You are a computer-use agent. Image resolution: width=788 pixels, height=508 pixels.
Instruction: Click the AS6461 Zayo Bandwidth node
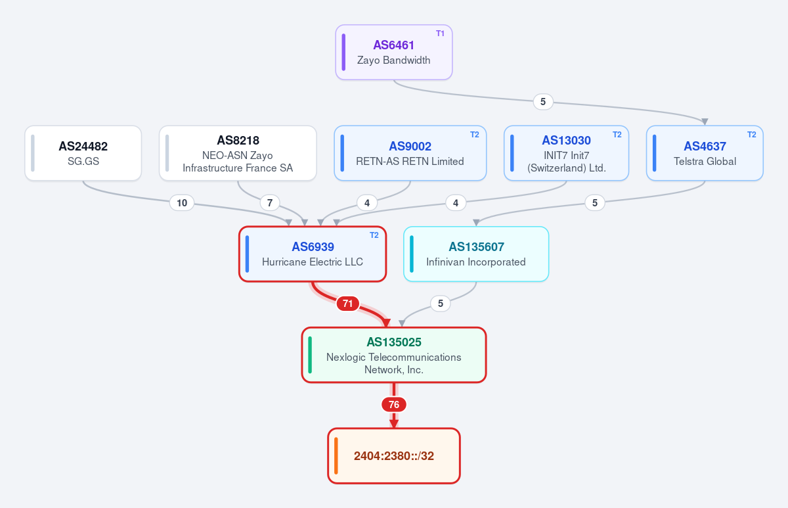[x=393, y=52]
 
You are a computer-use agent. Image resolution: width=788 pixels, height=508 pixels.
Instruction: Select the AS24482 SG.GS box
[x=83, y=153]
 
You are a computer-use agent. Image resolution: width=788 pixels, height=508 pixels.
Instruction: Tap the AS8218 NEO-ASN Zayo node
[x=238, y=153]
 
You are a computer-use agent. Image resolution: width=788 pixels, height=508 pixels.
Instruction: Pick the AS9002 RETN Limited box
[x=410, y=153]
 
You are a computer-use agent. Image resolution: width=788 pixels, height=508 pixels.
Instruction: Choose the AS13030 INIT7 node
[x=566, y=153]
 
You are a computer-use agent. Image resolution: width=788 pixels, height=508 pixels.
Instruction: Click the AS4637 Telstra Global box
[x=705, y=153]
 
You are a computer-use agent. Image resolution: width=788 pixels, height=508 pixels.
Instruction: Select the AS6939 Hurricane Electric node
[x=313, y=254]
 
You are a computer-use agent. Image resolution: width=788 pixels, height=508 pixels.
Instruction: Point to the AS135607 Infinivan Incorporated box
[x=476, y=254]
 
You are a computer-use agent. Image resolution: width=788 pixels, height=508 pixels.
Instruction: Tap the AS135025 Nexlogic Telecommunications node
[x=394, y=355]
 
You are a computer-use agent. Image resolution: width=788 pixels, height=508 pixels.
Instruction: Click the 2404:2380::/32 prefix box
[x=394, y=456]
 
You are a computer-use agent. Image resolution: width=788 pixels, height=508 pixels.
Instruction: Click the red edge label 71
[x=347, y=304]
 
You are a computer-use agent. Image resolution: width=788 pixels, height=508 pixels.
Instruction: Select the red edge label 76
[x=394, y=405]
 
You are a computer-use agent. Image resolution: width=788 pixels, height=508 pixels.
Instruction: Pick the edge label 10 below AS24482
[x=182, y=203]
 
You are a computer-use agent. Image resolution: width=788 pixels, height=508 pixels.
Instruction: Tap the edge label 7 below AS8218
[x=270, y=203]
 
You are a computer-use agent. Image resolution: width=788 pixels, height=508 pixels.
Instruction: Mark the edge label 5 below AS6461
[x=543, y=102]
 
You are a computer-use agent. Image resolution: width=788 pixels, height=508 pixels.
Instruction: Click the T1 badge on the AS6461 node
[x=440, y=34]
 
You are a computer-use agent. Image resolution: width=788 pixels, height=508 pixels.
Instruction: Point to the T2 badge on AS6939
[x=374, y=235]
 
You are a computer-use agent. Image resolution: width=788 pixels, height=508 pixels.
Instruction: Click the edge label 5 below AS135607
[x=441, y=304]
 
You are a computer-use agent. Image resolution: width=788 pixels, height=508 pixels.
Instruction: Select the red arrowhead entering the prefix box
[x=394, y=423]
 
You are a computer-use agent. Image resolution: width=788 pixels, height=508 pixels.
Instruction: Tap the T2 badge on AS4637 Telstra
[x=751, y=135]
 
